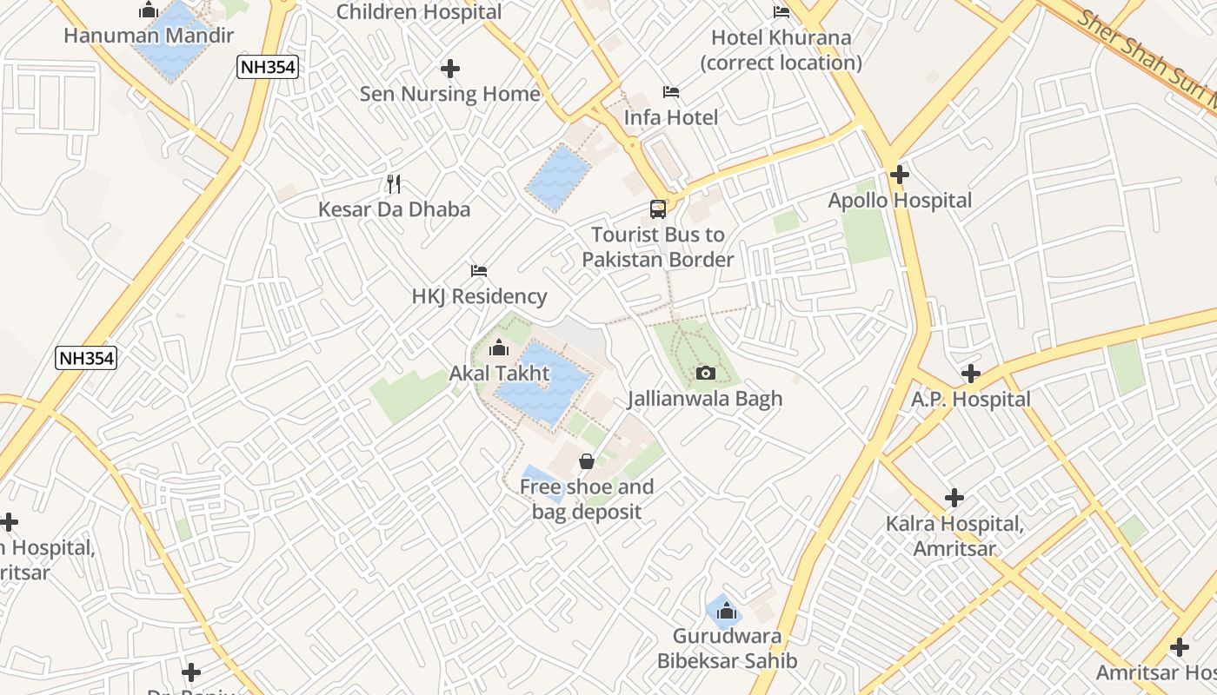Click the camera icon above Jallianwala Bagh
[706, 374]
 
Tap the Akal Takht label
[499, 374]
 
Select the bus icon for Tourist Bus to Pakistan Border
[658, 209]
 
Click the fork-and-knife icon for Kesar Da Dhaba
[394, 183]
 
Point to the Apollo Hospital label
[900, 201]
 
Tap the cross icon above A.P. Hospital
[971, 374]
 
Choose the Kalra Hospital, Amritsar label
[954, 536]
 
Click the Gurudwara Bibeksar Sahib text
[727, 648]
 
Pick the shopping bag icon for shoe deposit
[587, 461]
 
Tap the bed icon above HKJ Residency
[479, 271]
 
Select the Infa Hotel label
[671, 117]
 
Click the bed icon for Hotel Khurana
[781, 12]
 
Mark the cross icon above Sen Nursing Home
[450, 69]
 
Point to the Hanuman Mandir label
[149, 36]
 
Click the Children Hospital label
[419, 12]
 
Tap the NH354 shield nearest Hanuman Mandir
[268, 66]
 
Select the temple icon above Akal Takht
[499, 349]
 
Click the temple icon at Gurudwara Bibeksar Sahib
[727, 612]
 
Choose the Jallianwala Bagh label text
[705, 399]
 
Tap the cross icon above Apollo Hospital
[900, 175]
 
